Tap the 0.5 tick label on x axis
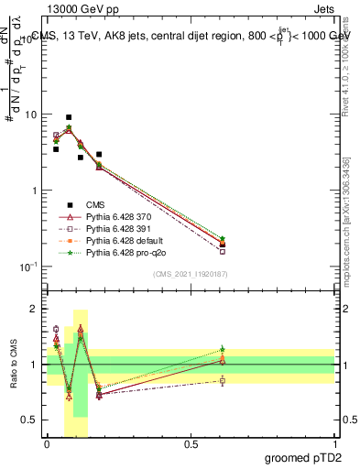191,444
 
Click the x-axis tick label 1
334,444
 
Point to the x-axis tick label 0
47,444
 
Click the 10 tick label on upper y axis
30,115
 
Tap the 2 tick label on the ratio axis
35,310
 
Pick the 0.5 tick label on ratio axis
30,420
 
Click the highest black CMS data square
69,117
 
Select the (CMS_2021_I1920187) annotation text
191,273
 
